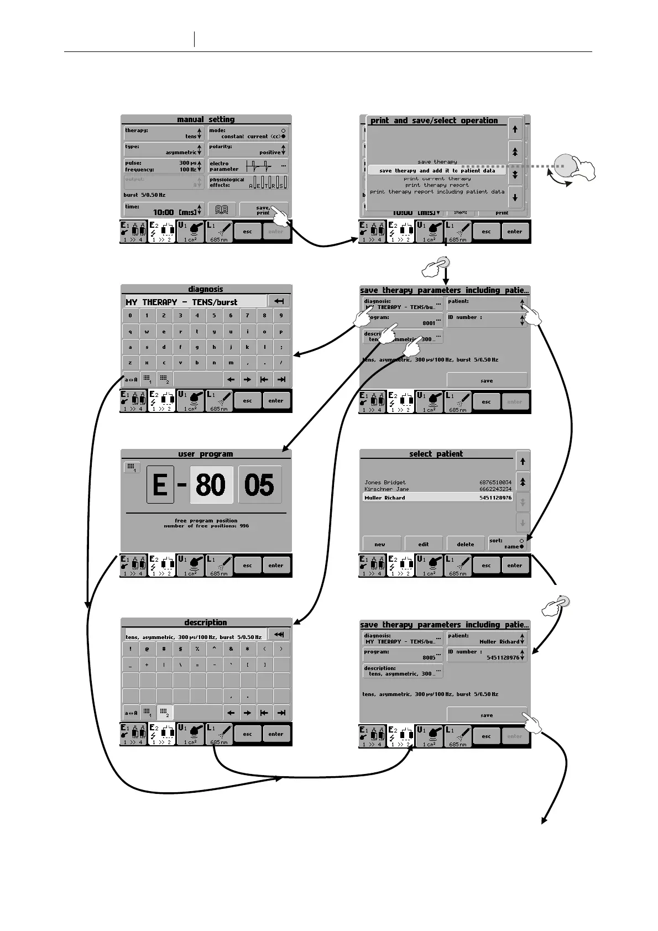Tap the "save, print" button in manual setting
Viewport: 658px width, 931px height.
pyautogui.click(x=264, y=210)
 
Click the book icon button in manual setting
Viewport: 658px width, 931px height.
pyautogui.click(x=222, y=210)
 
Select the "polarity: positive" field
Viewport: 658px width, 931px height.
pyautogui.click(x=248, y=149)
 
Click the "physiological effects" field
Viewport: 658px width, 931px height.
pyautogui.click(x=248, y=182)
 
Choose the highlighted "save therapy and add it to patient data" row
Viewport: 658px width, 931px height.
pyautogui.click(x=437, y=171)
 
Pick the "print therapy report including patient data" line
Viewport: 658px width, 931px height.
pyautogui.click(x=437, y=192)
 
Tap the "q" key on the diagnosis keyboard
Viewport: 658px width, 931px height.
pyautogui.click(x=130, y=332)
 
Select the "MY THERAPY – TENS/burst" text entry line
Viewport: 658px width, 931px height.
pyautogui.click(x=195, y=302)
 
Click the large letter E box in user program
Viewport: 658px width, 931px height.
pyautogui.click(x=160, y=484)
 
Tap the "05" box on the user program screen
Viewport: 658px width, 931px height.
pyautogui.click(x=259, y=484)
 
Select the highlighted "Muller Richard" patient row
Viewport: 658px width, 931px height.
pyautogui.click(x=437, y=498)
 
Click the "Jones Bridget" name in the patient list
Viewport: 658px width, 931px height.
pyautogui.click(x=385, y=483)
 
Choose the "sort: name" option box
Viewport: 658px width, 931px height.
pyautogui.click(x=506, y=543)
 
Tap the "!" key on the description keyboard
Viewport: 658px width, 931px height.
pyautogui.click(x=130, y=650)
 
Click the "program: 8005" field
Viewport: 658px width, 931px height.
pyautogui.click(x=403, y=655)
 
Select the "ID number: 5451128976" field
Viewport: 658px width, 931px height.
pyautogui.click(x=487, y=655)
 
